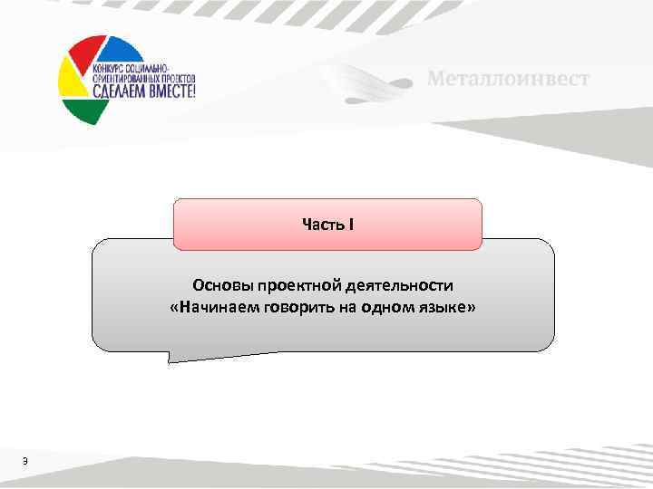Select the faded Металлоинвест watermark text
(x=508, y=79)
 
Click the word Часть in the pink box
(x=320, y=224)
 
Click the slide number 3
(x=26, y=463)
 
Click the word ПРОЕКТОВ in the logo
(x=171, y=77)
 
